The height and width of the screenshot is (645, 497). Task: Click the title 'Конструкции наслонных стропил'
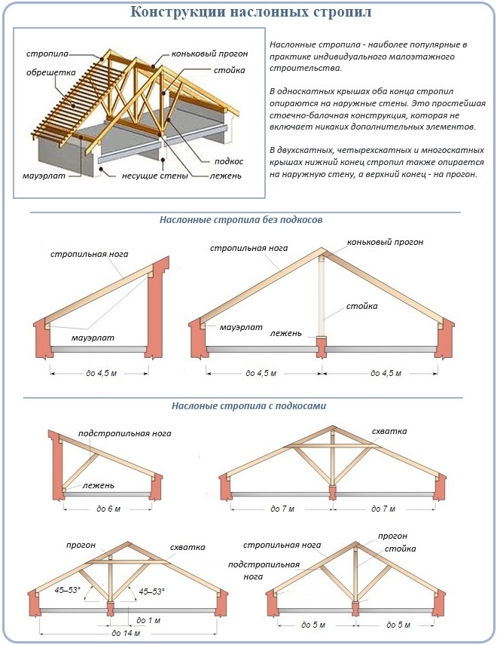tap(251, 13)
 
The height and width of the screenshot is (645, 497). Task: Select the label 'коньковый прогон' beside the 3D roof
tap(200, 54)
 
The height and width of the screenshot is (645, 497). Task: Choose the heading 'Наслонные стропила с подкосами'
tap(248, 406)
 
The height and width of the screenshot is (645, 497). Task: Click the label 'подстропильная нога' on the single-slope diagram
tap(125, 433)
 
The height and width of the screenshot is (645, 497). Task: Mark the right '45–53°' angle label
tap(151, 592)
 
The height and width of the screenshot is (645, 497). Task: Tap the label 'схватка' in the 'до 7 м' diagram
tap(389, 432)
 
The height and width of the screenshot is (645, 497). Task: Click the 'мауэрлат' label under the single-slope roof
tap(93, 338)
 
